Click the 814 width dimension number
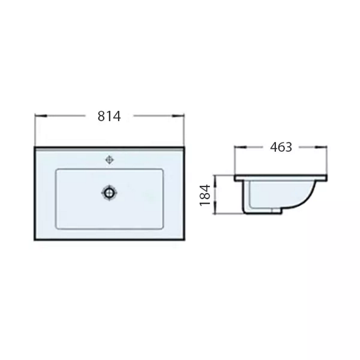(109, 116)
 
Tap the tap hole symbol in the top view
(109, 160)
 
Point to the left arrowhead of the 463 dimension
(239, 147)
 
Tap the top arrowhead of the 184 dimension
(215, 178)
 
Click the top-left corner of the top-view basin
(35, 147)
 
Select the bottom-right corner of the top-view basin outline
(184, 239)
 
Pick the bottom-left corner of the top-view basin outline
(35, 239)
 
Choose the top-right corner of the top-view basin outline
(184, 147)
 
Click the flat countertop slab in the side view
(281, 178)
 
